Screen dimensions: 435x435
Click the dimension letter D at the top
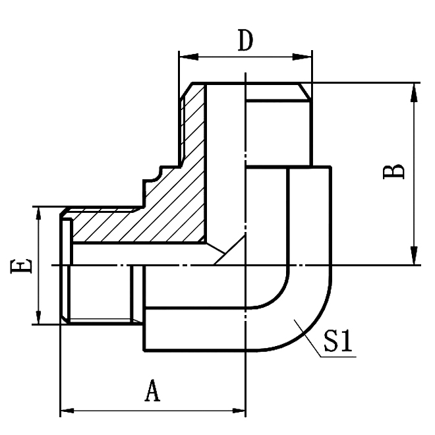coord(245,41)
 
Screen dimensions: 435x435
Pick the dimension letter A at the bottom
coord(152,392)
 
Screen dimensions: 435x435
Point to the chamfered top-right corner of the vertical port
coord(304,91)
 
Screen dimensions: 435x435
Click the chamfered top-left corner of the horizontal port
coord(65,213)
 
